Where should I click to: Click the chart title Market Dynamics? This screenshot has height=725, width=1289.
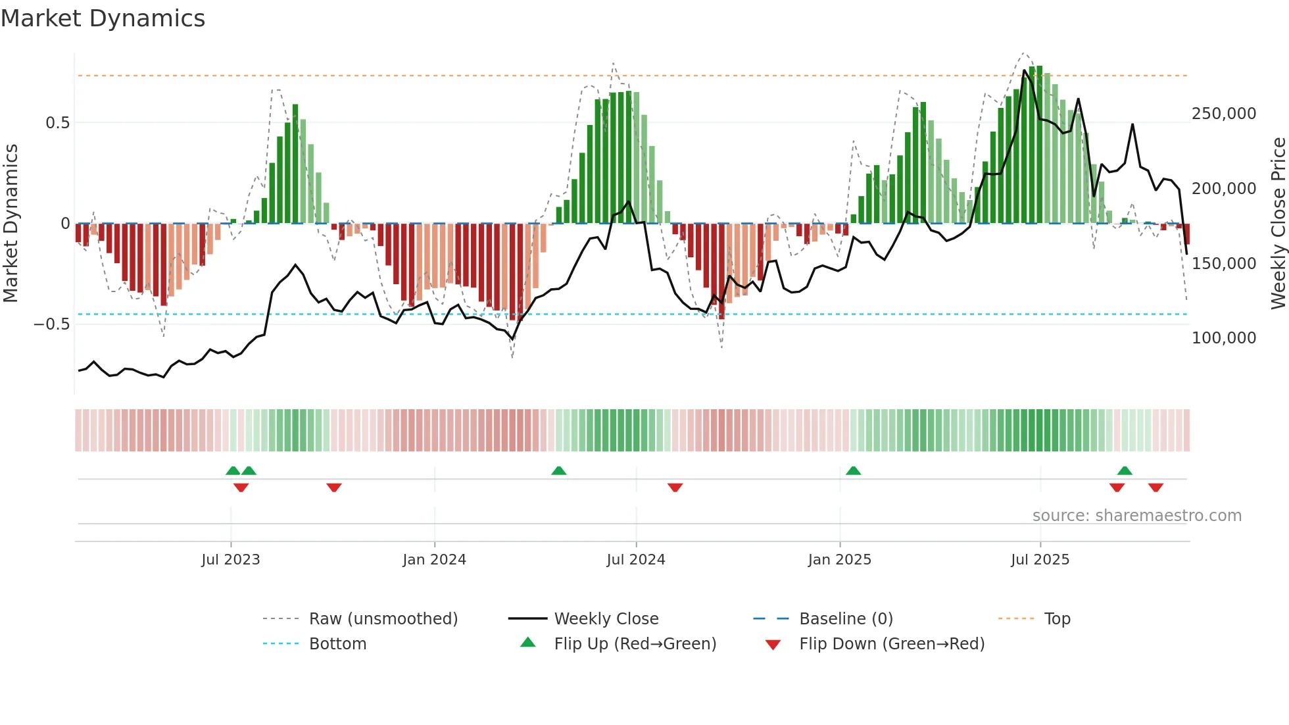click(x=103, y=18)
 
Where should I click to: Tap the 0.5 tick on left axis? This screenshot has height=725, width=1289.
click(x=57, y=123)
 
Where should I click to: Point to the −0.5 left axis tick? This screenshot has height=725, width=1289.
click(x=51, y=324)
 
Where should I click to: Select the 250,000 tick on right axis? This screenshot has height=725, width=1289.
click(x=1224, y=114)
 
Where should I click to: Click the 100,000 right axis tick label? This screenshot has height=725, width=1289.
click(x=1224, y=338)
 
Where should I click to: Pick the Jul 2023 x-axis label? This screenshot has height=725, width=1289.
click(x=231, y=560)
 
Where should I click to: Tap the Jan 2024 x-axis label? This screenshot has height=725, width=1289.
click(x=434, y=560)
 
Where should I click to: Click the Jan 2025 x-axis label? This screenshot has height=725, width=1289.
click(x=839, y=560)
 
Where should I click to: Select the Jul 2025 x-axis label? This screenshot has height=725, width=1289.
click(x=1040, y=560)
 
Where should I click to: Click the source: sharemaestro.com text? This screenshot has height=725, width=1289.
click(x=1136, y=516)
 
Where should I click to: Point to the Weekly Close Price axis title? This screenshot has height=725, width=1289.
click(x=1278, y=224)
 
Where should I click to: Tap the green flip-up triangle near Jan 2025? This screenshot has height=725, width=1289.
click(x=853, y=471)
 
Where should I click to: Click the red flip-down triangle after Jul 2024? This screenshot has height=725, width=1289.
click(x=675, y=488)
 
